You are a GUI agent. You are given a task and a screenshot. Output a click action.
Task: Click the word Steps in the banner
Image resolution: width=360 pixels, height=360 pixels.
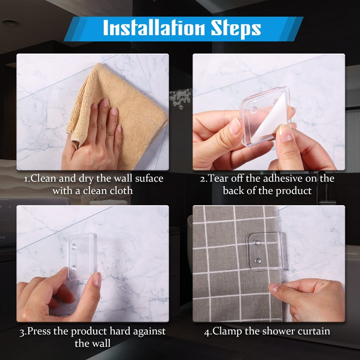tap(236, 29)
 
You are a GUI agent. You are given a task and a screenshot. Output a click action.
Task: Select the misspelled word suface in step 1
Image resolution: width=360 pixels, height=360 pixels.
tap(149, 179)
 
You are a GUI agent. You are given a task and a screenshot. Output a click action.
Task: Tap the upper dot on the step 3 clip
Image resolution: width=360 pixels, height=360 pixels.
tap(74, 247)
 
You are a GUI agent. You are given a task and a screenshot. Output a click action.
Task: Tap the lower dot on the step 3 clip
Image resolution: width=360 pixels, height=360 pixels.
tap(74, 268)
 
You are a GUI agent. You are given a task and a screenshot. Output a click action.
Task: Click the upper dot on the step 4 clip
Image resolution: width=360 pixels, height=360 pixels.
tap(257, 243)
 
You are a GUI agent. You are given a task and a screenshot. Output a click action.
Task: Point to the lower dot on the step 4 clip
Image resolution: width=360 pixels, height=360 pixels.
tap(258, 261)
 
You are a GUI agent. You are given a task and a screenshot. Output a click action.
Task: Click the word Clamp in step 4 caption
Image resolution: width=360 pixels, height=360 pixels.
tap(227, 332)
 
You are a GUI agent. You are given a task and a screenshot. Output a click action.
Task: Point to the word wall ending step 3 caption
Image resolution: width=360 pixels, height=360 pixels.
tap(100, 343)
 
